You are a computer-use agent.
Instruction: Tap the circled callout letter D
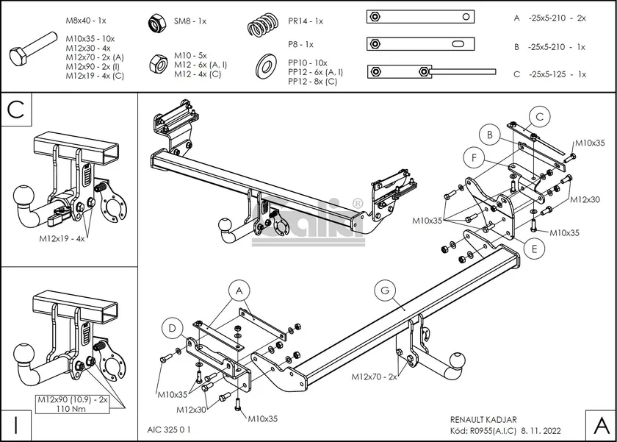coord(171,327)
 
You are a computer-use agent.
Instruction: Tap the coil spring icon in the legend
coord(261,25)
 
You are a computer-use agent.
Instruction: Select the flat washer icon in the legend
coord(263,67)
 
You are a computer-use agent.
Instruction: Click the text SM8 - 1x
coord(190,21)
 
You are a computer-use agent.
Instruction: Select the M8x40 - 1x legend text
coord(86,21)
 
